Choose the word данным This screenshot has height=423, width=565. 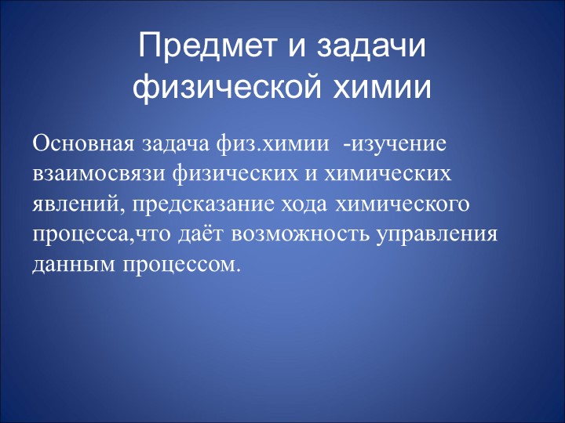(x=73, y=264)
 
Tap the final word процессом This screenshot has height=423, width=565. (x=180, y=264)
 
